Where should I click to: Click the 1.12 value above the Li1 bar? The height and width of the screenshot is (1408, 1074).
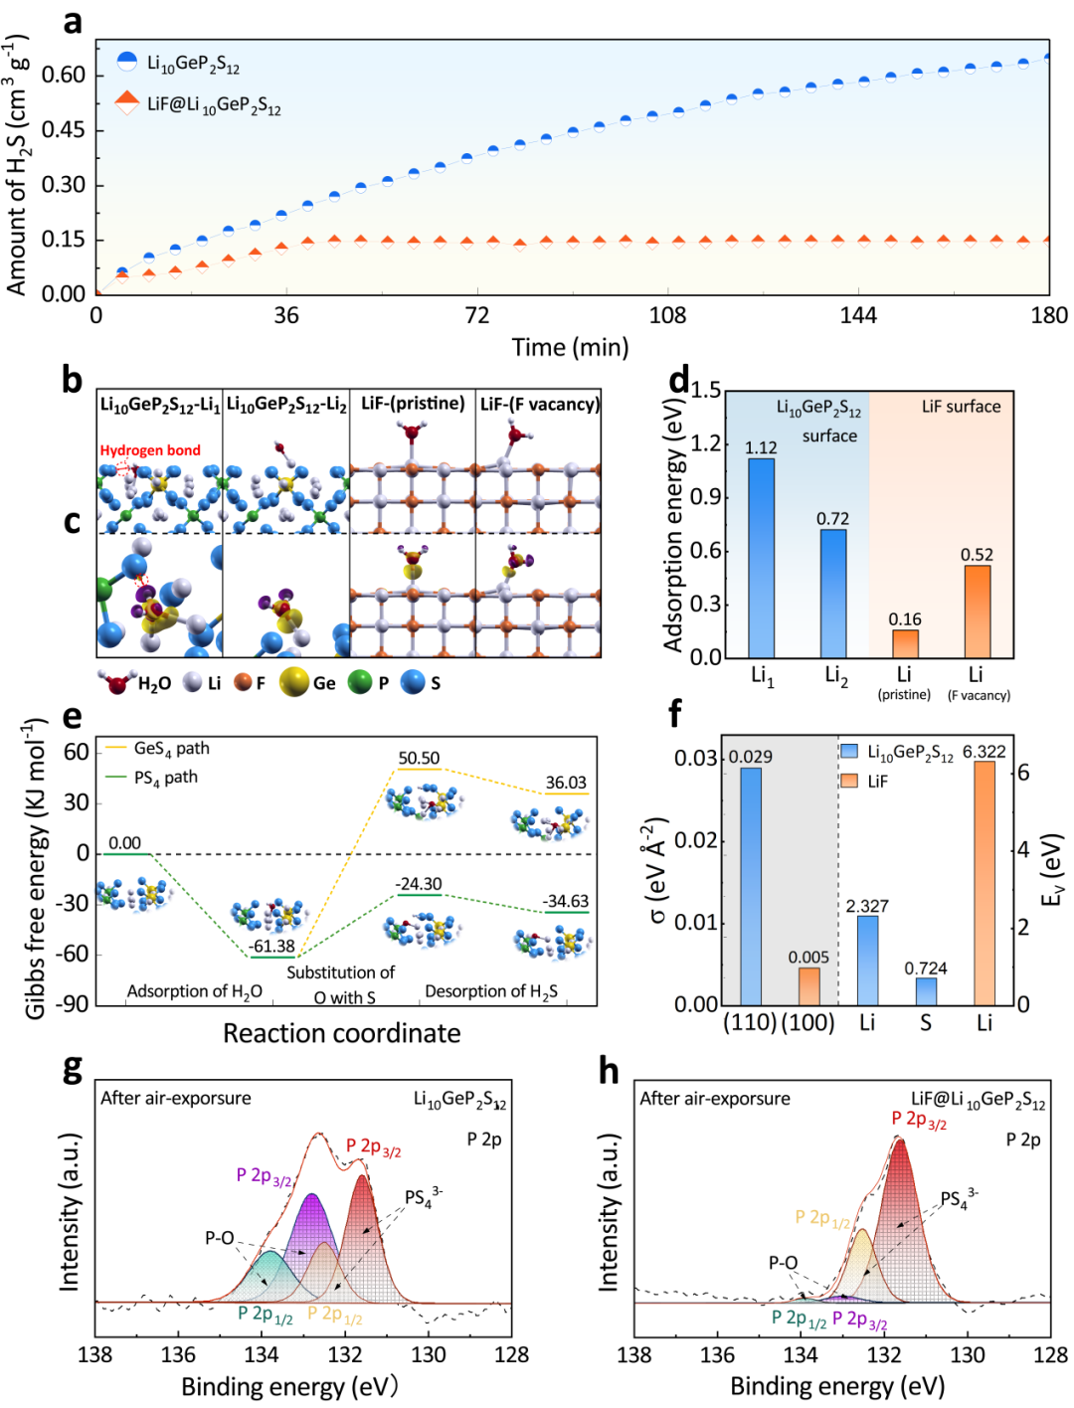click(x=761, y=447)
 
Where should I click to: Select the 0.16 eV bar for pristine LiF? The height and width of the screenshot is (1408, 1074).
click(x=905, y=643)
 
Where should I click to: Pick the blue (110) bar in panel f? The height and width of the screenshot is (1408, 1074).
click(x=751, y=886)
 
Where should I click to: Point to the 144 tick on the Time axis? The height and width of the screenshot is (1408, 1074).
click(x=858, y=316)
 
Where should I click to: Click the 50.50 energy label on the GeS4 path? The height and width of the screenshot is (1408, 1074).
click(x=419, y=758)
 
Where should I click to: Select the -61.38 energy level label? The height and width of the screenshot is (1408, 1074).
click(x=272, y=947)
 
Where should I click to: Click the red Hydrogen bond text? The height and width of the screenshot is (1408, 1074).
click(x=150, y=450)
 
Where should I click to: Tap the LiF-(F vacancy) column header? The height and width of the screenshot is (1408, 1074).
click(x=539, y=404)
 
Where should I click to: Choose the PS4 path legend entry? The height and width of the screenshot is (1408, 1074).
click(x=165, y=778)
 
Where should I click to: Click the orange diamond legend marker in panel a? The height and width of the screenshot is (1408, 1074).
click(x=126, y=102)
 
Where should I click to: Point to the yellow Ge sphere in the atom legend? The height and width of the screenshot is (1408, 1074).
click(x=293, y=683)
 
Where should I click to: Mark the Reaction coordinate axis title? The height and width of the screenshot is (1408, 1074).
click(x=341, y=1034)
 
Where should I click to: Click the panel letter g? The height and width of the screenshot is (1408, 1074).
click(x=72, y=1069)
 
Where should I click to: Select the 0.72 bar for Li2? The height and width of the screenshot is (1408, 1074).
click(x=833, y=593)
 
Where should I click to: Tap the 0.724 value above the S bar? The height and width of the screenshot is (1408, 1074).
click(x=926, y=968)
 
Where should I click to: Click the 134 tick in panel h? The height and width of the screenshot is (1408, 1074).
click(x=801, y=1354)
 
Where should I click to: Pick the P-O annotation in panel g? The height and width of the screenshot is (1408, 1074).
click(x=220, y=1238)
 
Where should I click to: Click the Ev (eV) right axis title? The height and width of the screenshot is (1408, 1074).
click(x=1052, y=870)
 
